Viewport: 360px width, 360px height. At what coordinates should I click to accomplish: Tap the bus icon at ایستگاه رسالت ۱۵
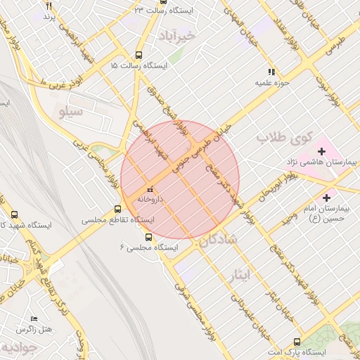coord(139,54)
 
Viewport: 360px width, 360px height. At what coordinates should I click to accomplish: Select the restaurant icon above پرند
coord(49,5)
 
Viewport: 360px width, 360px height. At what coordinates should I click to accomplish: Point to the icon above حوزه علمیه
coord(271,72)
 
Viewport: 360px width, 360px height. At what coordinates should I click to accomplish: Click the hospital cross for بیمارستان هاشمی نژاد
coord(322,151)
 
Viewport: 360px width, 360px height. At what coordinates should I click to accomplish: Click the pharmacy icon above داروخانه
coord(149,190)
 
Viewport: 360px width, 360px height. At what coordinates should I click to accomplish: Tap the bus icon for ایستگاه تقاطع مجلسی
coord(118,209)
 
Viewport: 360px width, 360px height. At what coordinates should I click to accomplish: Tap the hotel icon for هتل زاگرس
coord(34,319)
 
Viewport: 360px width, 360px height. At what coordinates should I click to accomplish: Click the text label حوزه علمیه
coord(272,82)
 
